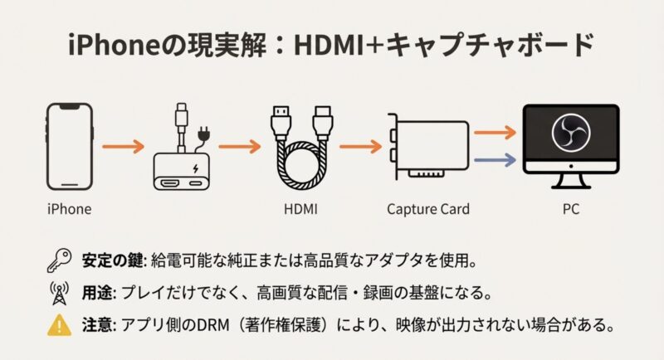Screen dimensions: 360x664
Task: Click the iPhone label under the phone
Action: point(69,209)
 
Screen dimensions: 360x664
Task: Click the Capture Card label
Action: point(429,209)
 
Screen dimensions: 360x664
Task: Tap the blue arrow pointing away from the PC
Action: point(495,159)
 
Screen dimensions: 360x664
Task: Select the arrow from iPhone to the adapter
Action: point(119,147)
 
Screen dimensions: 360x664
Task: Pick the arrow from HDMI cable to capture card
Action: point(356,147)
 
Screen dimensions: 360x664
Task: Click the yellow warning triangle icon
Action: point(57,324)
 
